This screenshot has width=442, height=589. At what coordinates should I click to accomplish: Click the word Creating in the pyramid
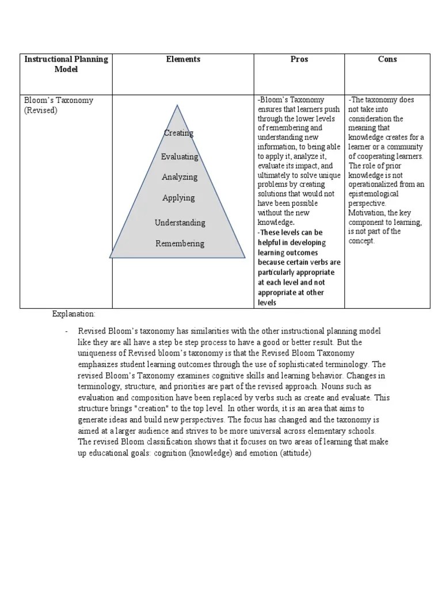tap(178, 133)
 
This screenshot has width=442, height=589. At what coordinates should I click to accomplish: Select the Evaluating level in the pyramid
tap(180, 156)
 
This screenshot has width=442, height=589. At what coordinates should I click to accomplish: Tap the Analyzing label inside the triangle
tap(180, 177)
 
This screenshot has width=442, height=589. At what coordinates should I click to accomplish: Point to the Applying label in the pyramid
tap(178, 198)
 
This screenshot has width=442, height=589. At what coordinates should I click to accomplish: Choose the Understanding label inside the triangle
tap(180, 223)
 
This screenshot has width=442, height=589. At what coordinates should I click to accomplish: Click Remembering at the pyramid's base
tap(180, 243)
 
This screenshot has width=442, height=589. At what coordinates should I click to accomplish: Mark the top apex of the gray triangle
tap(177, 106)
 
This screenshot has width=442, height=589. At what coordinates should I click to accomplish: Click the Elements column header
tap(183, 59)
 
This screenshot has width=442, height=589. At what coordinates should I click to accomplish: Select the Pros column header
tap(299, 59)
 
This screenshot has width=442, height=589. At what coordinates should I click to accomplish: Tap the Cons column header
tap(387, 59)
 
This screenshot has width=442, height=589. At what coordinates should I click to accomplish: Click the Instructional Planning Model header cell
tap(66, 64)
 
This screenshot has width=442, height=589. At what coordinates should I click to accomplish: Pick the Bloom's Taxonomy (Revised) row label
tap(58, 105)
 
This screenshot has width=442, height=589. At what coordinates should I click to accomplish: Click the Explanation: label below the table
tap(74, 313)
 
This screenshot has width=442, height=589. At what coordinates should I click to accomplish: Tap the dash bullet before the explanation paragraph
tap(67, 331)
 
